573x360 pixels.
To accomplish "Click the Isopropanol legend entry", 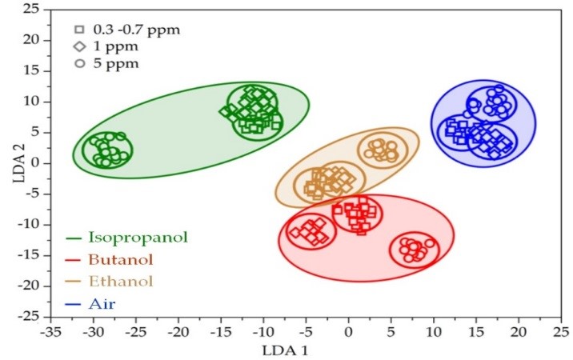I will (137, 237).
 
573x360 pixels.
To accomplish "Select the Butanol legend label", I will (120, 259).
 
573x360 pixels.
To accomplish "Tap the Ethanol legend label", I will (120, 281).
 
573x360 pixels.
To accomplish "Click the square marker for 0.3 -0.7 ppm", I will (79, 30).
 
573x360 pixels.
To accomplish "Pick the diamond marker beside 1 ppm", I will (79, 47).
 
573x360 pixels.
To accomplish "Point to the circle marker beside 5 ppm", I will (79, 64).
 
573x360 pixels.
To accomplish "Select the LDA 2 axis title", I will (17, 163).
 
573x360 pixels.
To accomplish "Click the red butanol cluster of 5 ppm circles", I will (414, 250).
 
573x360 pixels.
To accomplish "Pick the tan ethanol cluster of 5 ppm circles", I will (382, 150).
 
